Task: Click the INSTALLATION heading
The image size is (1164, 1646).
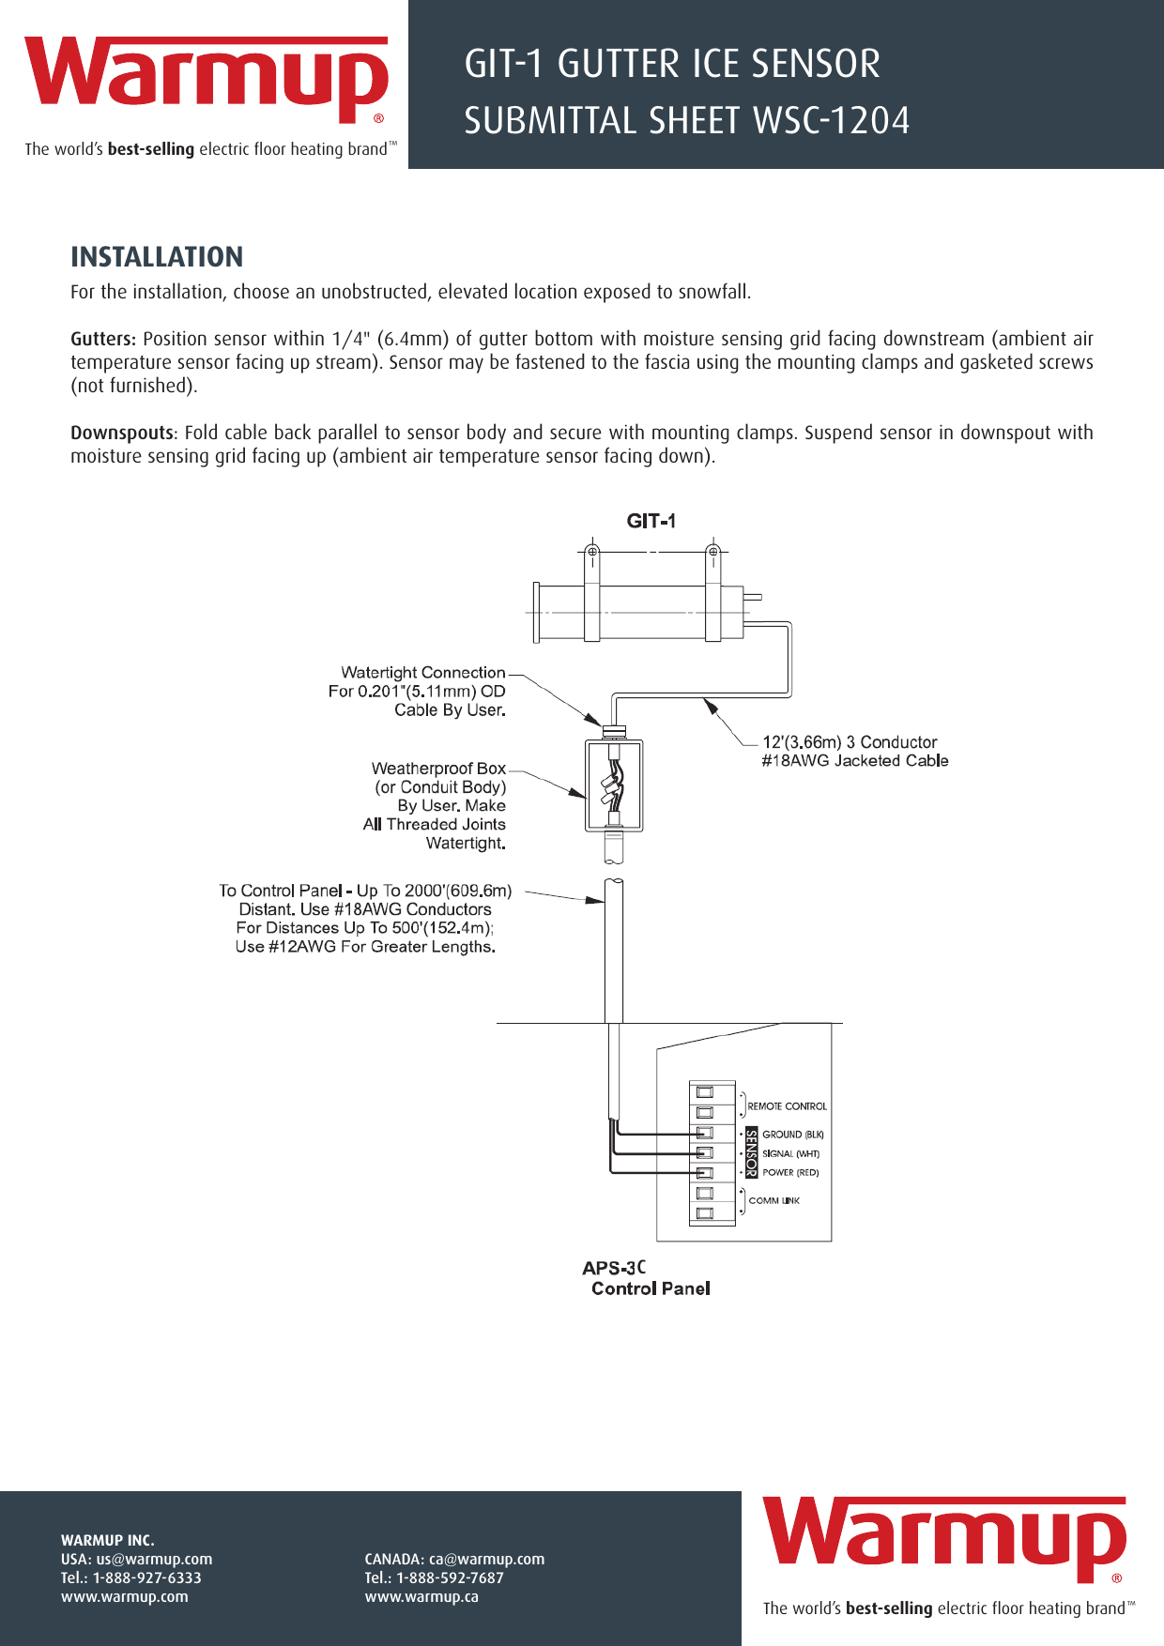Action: (157, 257)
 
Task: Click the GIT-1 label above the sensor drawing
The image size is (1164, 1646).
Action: (651, 521)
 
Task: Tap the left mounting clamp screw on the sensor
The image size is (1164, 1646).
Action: (592, 552)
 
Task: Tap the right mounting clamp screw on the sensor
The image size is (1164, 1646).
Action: (712, 552)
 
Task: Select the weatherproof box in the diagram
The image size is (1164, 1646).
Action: (614, 785)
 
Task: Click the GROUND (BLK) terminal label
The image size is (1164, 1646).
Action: (792, 1135)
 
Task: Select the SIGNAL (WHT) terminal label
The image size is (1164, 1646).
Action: (790, 1154)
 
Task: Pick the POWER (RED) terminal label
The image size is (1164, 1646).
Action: (790, 1173)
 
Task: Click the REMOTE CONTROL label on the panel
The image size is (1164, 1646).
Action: (787, 1106)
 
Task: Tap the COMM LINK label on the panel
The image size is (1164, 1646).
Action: (773, 1201)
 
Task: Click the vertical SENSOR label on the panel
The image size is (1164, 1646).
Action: (751, 1153)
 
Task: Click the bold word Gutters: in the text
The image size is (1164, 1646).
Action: (103, 339)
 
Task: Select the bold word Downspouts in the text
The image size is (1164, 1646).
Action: (122, 433)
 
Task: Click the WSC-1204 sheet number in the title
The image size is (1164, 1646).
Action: (832, 121)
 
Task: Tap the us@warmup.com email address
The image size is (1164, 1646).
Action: (154, 1559)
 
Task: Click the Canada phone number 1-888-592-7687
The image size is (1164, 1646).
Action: (450, 1577)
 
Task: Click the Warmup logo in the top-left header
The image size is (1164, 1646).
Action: (207, 80)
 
